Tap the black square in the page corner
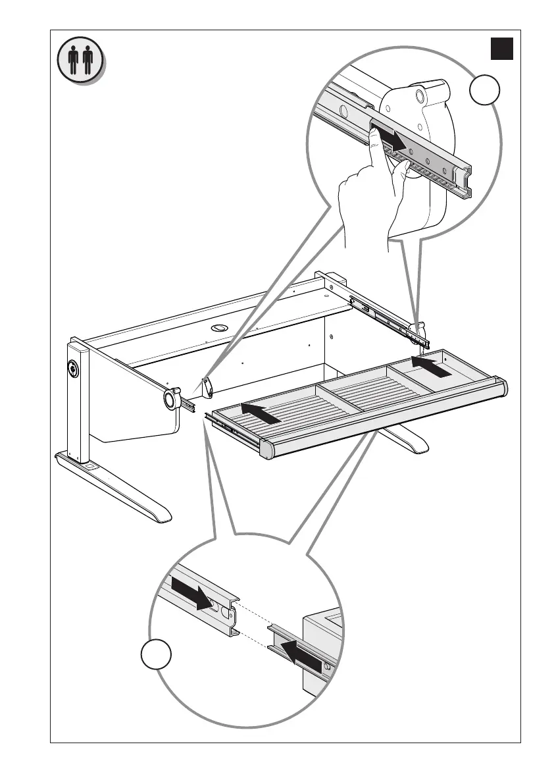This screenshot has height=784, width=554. (501, 49)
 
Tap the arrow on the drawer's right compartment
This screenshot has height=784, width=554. (432, 366)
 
